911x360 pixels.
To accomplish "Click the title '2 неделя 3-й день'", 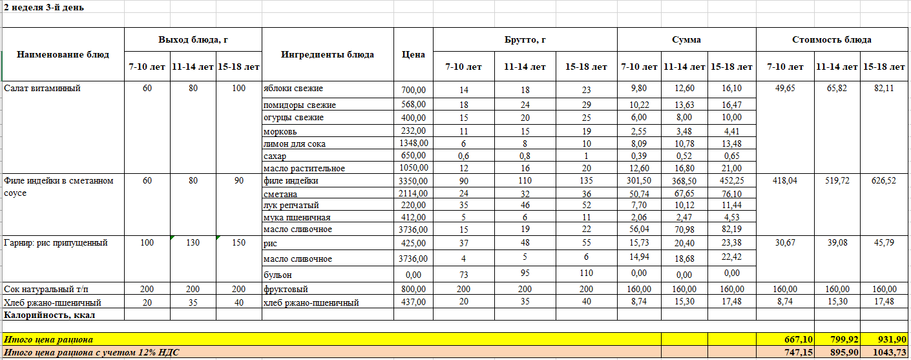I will (x=44, y=8).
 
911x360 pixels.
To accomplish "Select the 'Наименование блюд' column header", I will (x=63, y=54).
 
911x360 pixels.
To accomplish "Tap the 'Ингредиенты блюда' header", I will (x=328, y=54).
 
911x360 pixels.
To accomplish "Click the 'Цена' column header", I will (x=413, y=54).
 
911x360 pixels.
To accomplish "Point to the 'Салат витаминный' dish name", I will (x=42, y=89).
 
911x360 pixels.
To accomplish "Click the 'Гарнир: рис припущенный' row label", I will (x=56, y=243).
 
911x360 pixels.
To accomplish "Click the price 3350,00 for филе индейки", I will (x=413, y=181).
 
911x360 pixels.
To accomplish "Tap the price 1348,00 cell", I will (x=413, y=143).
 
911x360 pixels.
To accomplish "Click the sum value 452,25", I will (x=731, y=181).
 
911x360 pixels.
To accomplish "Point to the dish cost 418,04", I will (x=784, y=181).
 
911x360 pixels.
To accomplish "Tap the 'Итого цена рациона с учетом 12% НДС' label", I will (x=92, y=352).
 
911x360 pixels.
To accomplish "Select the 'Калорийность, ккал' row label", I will (x=50, y=315).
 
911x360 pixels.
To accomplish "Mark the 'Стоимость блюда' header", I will (x=832, y=39).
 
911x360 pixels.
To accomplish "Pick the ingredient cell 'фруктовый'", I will (x=286, y=289).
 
